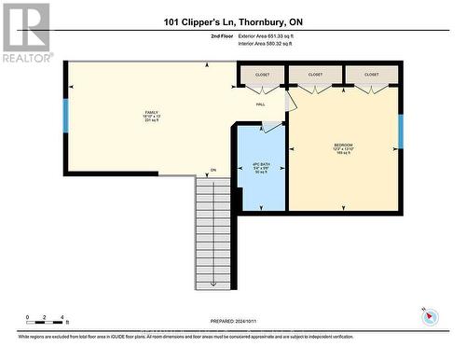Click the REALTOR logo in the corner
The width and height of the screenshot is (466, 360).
point(25,32)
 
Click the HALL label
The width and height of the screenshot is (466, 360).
point(261,104)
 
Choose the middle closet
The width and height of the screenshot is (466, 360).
point(316,75)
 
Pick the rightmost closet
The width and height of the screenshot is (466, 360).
point(372,75)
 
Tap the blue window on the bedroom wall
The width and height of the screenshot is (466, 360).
point(400,131)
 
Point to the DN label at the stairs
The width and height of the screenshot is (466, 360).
point(212,170)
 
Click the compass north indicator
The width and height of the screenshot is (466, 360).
point(430,315)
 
